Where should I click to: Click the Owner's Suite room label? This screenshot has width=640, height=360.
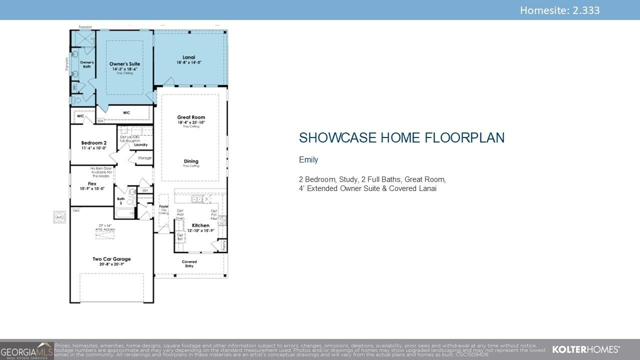point(124,64)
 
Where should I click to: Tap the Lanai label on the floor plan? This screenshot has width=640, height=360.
point(189,57)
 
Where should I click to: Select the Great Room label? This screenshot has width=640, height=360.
point(191,117)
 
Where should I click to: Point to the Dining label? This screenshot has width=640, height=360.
point(191,161)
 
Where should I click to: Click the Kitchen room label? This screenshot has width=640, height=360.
point(200,225)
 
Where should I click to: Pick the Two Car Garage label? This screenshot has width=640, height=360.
point(111,259)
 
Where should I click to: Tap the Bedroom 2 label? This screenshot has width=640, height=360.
point(94,143)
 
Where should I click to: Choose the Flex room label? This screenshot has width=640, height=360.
point(92,184)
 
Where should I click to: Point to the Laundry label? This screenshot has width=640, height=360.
point(140,145)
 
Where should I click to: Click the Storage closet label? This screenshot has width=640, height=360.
point(144,158)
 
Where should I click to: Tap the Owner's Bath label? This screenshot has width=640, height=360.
point(87,64)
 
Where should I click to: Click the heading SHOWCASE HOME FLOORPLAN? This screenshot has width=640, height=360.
point(401,138)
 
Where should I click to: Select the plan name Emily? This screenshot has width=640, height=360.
point(308,160)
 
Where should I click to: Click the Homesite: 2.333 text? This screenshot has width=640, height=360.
point(559,10)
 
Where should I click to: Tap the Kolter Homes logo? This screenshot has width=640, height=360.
point(585,349)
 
